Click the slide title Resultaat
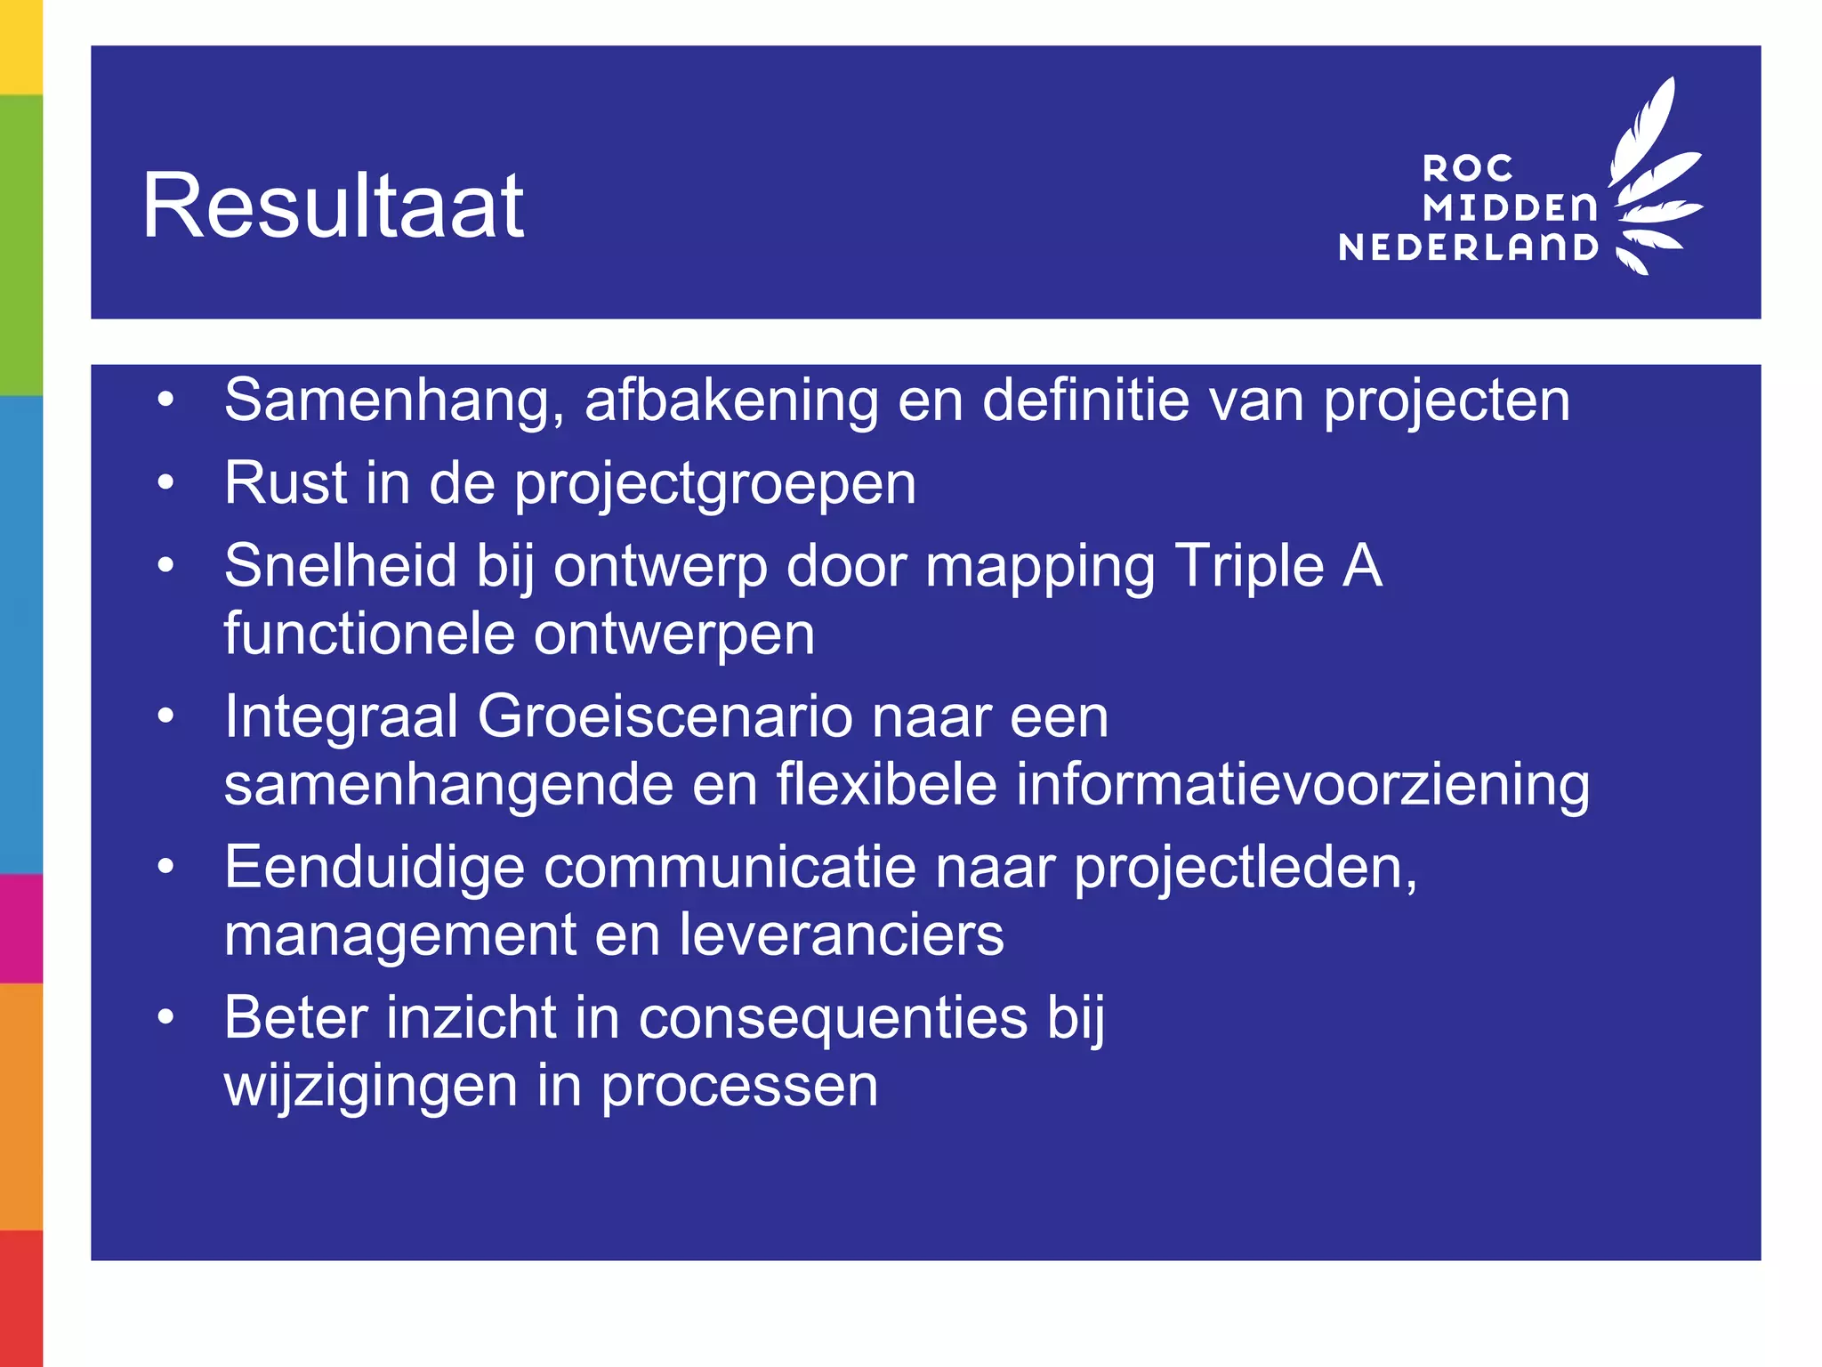[333, 206]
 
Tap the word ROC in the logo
[1468, 168]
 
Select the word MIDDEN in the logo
[1510, 208]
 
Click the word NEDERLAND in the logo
[1468, 247]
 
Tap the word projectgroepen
[715, 485]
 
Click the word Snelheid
[340, 566]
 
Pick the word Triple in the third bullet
[1249, 566]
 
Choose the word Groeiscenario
[664, 716]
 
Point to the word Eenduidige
[375, 868]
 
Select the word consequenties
[833, 1018]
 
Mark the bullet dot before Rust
[165, 483]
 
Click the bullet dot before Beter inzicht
[165, 1017]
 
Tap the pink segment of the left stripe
[20, 928]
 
